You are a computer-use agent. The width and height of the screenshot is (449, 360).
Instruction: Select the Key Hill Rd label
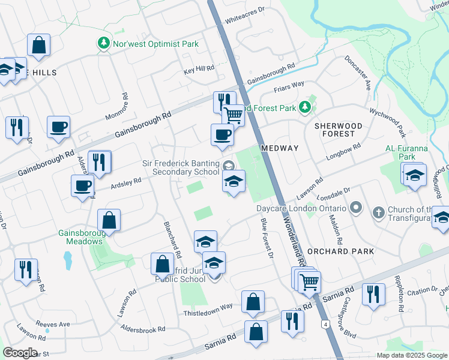(199, 70)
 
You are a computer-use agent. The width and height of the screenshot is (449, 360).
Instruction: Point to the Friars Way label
(289, 86)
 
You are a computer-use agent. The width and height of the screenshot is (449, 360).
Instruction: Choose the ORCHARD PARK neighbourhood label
(340, 251)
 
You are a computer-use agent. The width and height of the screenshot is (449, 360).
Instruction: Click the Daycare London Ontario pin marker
(356, 208)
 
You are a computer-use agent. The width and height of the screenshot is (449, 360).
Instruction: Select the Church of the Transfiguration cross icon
(379, 212)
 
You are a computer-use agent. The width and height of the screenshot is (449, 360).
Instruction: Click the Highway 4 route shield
(325, 325)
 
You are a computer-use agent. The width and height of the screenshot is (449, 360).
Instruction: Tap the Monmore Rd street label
(125, 104)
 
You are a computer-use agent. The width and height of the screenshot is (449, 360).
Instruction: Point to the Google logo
(20, 353)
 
